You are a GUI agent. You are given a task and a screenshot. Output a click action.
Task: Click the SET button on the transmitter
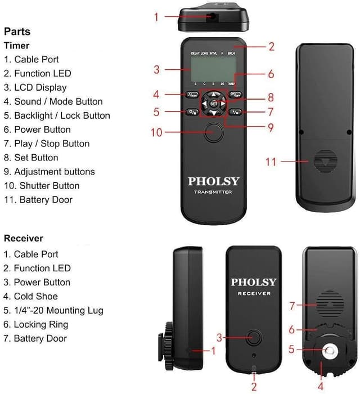[213, 104]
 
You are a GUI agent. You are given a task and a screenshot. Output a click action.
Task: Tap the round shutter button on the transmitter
[214, 133]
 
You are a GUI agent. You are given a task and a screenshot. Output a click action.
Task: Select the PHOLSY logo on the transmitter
[213, 181]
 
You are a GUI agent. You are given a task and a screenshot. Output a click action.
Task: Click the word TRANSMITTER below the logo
[213, 192]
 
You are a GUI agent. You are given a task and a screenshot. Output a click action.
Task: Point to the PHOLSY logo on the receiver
[254, 282]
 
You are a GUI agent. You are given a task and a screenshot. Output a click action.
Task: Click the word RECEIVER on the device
[254, 293]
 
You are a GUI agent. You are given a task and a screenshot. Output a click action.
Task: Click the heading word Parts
[17, 32]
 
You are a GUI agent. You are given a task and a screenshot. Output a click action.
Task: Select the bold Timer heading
[16, 46]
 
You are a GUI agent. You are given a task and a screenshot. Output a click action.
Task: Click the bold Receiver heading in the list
[23, 238]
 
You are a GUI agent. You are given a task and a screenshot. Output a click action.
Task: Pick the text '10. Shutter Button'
[42, 186]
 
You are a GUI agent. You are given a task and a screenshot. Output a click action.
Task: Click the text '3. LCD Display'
[35, 87]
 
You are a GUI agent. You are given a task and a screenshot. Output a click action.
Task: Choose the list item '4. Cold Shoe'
[31, 296]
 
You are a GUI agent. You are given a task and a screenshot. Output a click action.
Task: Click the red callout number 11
[271, 162]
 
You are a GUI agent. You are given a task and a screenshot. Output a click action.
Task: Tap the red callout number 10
[156, 133]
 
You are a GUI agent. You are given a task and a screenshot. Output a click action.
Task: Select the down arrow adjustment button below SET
[213, 114]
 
